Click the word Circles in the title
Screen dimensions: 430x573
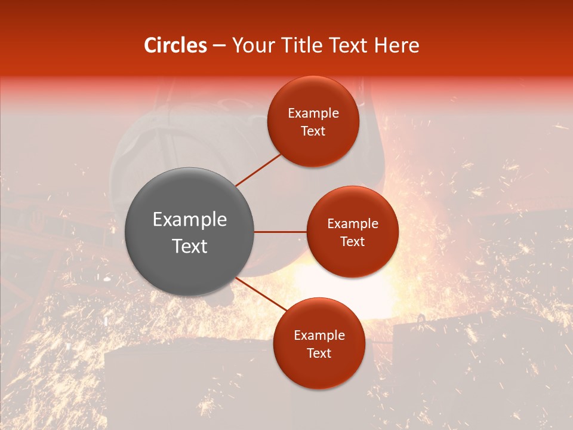pyautogui.click(x=175, y=45)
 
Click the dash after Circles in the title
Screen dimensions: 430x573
pyautogui.click(x=219, y=46)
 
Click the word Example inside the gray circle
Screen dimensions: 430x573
pyautogui.click(x=190, y=220)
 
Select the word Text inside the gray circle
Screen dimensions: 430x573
pyautogui.click(x=190, y=246)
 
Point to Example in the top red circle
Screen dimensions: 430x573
pyautogui.click(x=313, y=113)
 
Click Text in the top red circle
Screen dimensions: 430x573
pyautogui.click(x=313, y=131)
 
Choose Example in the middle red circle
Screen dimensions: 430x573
pyautogui.click(x=353, y=224)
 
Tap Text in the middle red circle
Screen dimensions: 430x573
pyautogui.click(x=353, y=242)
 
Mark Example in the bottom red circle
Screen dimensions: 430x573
pyautogui.click(x=319, y=336)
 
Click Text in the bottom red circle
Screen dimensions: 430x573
pyautogui.click(x=319, y=354)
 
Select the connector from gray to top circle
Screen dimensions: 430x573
pyautogui.click(x=258, y=170)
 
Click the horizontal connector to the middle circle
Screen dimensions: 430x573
pyautogui.click(x=280, y=232)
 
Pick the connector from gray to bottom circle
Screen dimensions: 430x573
pyautogui.click(x=261, y=294)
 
